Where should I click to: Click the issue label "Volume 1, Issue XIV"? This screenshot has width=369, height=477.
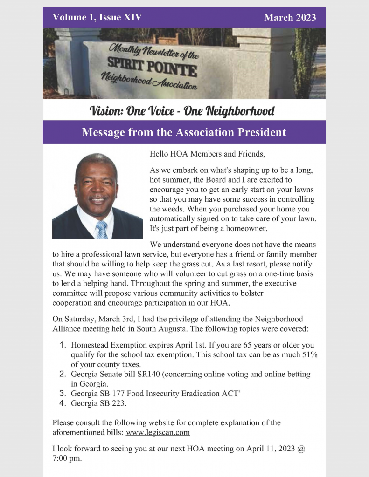pyautogui.click(x=97, y=18)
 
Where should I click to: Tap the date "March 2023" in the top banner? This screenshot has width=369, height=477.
pyautogui.click(x=290, y=18)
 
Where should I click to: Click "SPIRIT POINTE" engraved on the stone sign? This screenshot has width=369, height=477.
pyautogui.click(x=152, y=68)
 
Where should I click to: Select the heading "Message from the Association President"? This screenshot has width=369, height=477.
pyautogui.click(x=184, y=132)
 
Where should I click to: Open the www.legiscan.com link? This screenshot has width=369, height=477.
pyautogui.click(x=158, y=432)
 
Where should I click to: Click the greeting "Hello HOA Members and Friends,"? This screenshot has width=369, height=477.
pyautogui.click(x=208, y=153)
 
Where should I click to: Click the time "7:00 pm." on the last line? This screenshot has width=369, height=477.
pyautogui.click(x=67, y=458)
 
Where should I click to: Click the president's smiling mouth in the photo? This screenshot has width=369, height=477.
pyautogui.click(x=98, y=199)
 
